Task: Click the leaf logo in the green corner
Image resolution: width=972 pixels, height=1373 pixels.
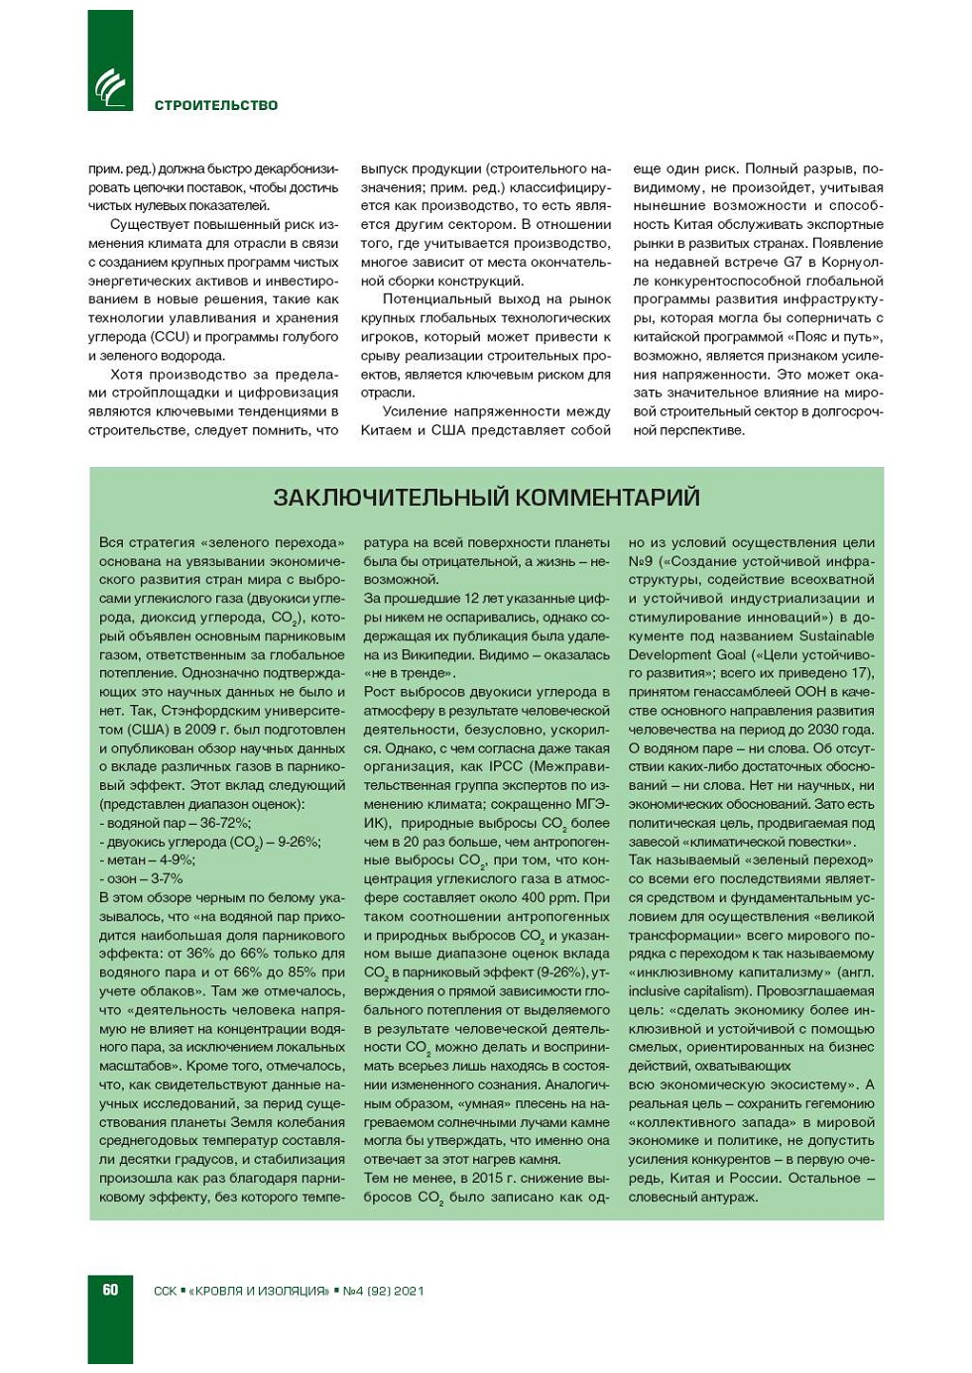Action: (110, 88)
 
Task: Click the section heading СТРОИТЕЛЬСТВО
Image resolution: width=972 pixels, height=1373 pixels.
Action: (216, 105)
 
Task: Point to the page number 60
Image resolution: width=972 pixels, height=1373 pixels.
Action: (110, 1290)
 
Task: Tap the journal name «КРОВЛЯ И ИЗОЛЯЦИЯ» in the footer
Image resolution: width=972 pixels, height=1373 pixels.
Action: (258, 1291)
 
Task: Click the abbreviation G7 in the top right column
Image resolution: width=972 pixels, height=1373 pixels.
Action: (792, 262)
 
